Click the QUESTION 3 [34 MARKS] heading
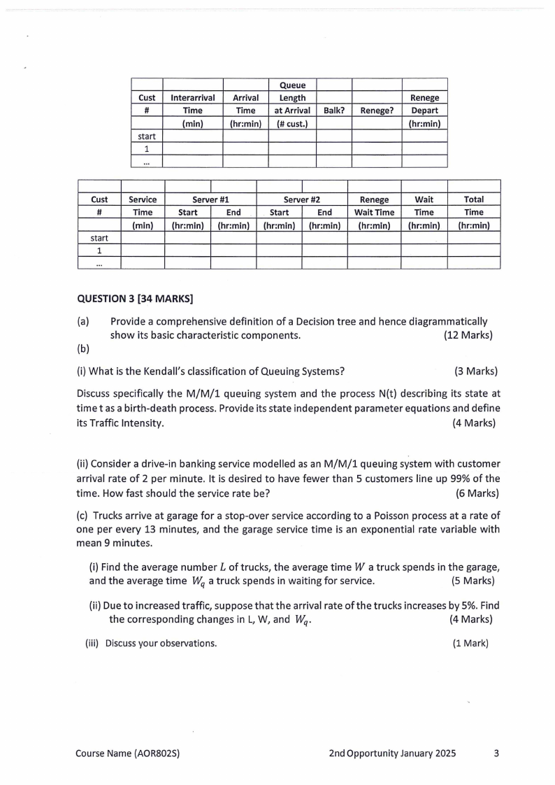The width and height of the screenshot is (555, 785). [x=135, y=299]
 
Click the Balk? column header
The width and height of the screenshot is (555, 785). [x=333, y=111]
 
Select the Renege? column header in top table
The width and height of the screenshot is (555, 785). [x=376, y=111]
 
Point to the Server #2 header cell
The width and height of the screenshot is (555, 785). [x=301, y=199]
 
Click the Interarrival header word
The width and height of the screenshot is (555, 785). [x=192, y=98]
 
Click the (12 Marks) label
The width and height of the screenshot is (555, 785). [x=468, y=335]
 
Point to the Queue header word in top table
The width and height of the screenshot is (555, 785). [x=292, y=85]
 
